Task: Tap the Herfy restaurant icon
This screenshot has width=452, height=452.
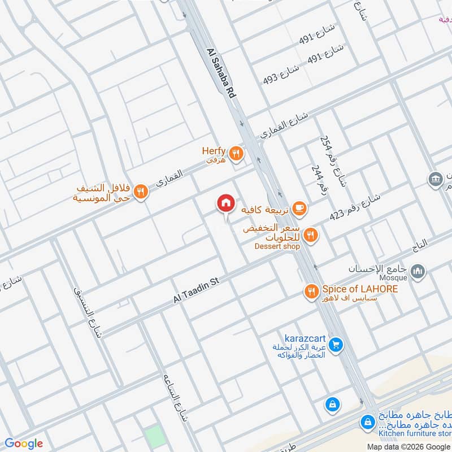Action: coord(236,152)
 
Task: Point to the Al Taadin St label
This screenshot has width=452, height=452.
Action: coord(194,292)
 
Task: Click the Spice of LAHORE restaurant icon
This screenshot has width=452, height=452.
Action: coord(311,292)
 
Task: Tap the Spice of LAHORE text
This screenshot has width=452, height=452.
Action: coord(360,289)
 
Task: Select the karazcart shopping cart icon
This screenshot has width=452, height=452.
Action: coord(336,344)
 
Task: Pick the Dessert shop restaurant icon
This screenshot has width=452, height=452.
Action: coord(310,234)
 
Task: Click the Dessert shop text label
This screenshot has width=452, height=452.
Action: coord(277,246)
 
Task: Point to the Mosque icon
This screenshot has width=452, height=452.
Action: coord(418,273)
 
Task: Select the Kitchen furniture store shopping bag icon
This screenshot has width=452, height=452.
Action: coord(368,421)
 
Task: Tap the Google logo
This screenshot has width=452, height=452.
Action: coord(23,444)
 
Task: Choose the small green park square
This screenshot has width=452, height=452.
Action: coord(152,435)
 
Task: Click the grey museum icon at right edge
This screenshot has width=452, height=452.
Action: coord(435,180)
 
